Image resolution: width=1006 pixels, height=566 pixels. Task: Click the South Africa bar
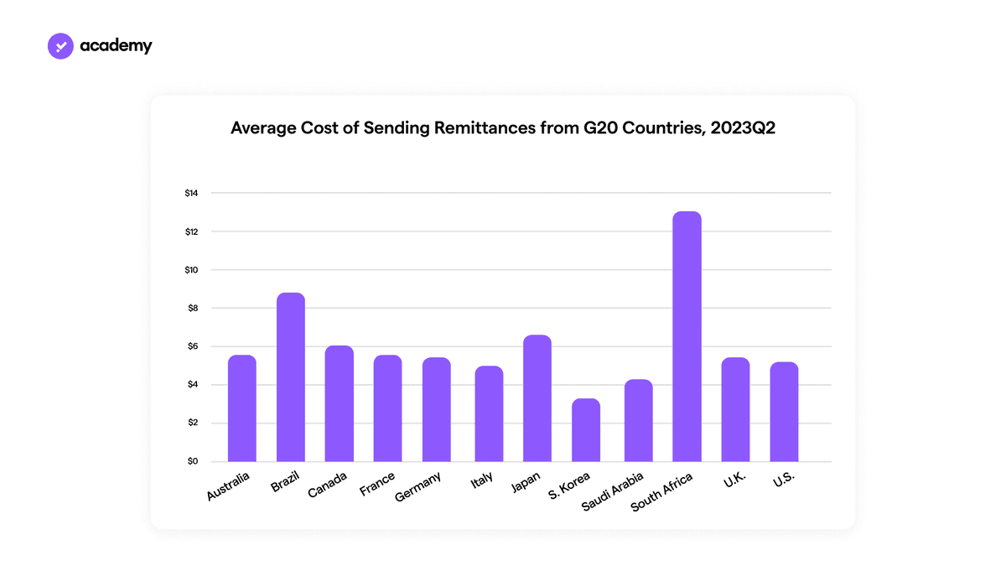687,336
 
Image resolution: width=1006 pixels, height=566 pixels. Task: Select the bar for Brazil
291,377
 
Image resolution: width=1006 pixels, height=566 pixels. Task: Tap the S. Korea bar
586,430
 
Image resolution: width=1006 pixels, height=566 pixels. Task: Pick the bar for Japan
537,398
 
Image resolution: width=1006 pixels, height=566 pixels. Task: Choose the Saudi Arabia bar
638,420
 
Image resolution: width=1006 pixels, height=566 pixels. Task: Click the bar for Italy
489,413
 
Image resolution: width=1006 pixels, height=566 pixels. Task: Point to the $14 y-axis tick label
191,193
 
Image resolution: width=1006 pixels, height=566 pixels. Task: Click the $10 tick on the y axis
191,270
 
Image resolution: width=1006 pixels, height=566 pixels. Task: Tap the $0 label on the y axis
193,461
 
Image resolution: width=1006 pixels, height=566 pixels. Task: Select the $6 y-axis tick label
193,346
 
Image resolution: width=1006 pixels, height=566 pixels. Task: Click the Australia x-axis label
228,486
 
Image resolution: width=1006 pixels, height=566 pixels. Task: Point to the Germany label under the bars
417,486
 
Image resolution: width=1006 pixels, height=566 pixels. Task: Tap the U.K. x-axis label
734,480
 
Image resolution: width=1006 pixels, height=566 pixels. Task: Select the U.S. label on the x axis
784,480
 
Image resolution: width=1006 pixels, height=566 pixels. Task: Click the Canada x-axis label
328,485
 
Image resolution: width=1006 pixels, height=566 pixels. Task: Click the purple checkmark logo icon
60,46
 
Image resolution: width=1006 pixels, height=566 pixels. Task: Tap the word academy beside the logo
116,46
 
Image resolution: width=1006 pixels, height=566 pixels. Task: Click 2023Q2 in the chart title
743,128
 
